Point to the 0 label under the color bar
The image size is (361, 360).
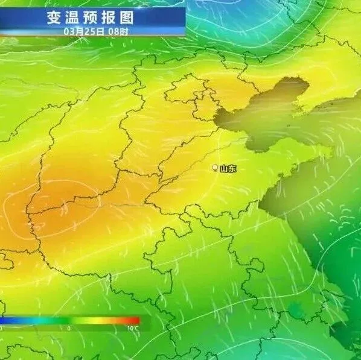click(69, 329)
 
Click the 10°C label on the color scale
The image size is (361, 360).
click(133, 329)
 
